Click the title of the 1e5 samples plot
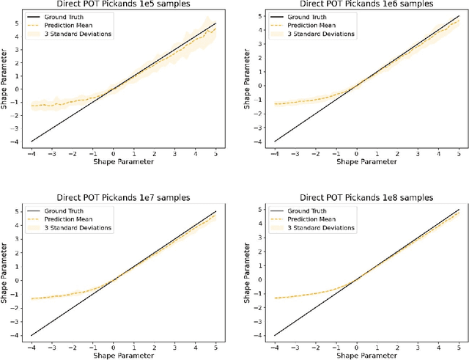click(122, 4)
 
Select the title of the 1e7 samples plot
click(122, 198)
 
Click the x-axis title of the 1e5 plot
click(122, 161)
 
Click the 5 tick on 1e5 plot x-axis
click(215, 152)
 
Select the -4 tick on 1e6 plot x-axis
click(273, 152)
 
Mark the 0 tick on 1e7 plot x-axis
click(113, 346)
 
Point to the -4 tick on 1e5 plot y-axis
click(17, 142)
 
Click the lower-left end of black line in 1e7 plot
click(30, 335)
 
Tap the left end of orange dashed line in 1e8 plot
click(273, 298)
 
